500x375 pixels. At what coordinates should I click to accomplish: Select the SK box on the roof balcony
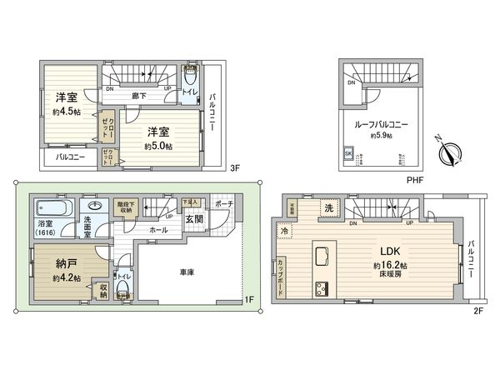[x=347, y=153]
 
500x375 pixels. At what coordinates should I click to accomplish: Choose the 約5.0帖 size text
[x=158, y=146]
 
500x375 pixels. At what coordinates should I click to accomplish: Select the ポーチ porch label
[x=223, y=204]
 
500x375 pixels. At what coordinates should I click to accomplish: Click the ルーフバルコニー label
[x=382, y=123]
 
